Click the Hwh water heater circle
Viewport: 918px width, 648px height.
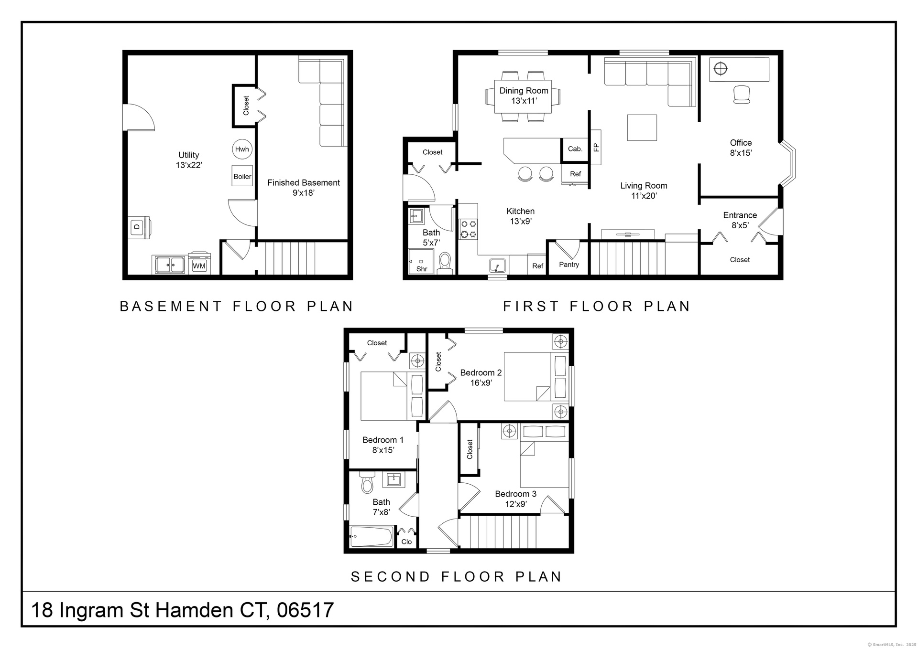point(242,149)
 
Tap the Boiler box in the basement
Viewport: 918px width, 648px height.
point(242,176)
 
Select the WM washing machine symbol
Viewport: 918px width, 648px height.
point(199,263)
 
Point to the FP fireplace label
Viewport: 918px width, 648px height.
point(596,147)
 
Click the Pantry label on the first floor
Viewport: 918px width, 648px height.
point(569,265)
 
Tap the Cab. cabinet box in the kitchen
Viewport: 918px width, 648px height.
point(575,149)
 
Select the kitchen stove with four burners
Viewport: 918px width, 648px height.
point(469,229)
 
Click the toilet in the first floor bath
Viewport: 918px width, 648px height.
point(445,262)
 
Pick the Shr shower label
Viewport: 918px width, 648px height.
point(422,269)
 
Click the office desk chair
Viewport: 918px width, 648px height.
point(741,95)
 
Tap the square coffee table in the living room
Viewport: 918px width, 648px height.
point(642,127)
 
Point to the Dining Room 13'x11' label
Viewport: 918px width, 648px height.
point(524,96)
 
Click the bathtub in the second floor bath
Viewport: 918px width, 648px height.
point(372,536)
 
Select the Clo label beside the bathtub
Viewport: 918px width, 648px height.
point(406,542)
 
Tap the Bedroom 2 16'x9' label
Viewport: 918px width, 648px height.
point(481,378)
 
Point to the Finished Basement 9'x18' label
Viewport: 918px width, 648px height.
point(304,188)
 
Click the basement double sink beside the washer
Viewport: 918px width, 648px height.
point(169,264)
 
